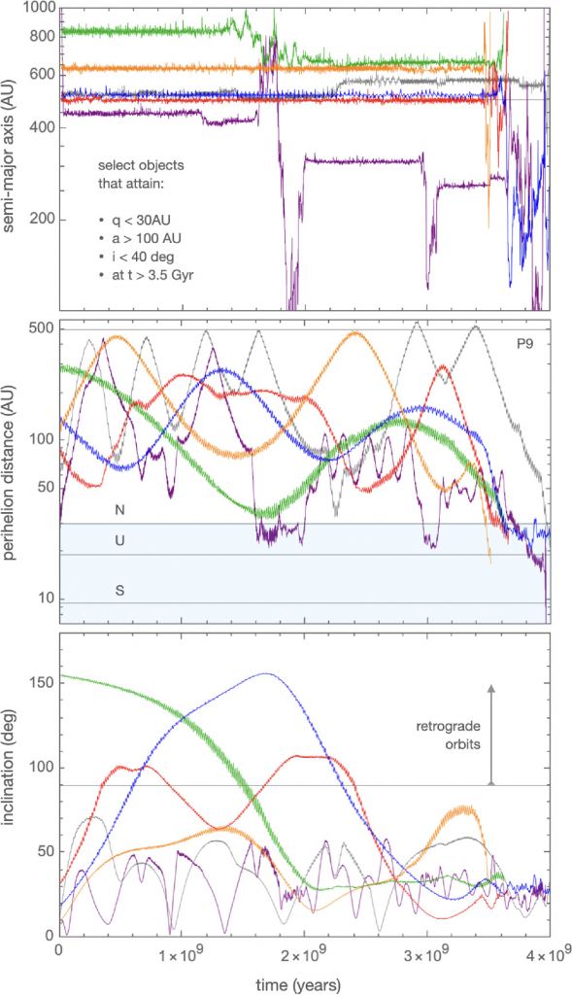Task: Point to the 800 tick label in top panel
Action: tap(41, 36)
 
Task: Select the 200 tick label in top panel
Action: tap(41, 220)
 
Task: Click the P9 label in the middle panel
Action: tap(527, 343)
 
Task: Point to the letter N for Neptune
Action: tap(119, 509)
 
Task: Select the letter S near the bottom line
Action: tap(119, 590)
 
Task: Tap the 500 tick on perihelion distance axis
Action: tap(41, 330)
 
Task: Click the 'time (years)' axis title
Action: tap(302, 984)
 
